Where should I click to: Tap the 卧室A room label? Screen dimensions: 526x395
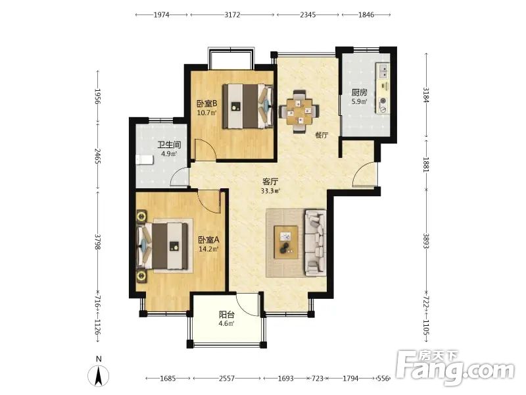[x=208, y=240]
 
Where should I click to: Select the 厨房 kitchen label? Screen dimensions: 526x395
[x=359, y=92]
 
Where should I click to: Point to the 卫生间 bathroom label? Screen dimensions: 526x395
[x=170, y=145]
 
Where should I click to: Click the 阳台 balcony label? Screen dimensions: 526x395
[x=226, y=315]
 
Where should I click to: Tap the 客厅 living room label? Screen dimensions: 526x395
[x=270, y=182]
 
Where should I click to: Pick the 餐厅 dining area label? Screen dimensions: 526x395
[x=322, y=136]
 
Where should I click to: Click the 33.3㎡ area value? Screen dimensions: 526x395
[x=270, y=191]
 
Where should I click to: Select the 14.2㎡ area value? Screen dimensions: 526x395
[x=208, y=250]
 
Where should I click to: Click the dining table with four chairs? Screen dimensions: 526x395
[x=299, y=111]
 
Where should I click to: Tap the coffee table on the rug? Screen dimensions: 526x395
[x=286, y=242]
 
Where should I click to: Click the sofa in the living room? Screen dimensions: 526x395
[x=316, y=242]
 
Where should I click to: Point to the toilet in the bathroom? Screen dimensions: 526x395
[x=144, y=160]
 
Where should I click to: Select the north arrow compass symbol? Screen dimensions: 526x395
[x=98, y=375]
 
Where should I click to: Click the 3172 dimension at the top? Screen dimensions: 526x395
[x=232, y=14]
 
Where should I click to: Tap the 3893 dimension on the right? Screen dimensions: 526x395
[x=426, y=241]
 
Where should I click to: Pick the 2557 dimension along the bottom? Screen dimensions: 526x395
[x=227, y=379]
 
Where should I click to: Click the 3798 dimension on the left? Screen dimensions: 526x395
[x=97, y=242]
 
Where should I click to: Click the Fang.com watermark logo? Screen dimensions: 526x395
[x=455, y=368]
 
